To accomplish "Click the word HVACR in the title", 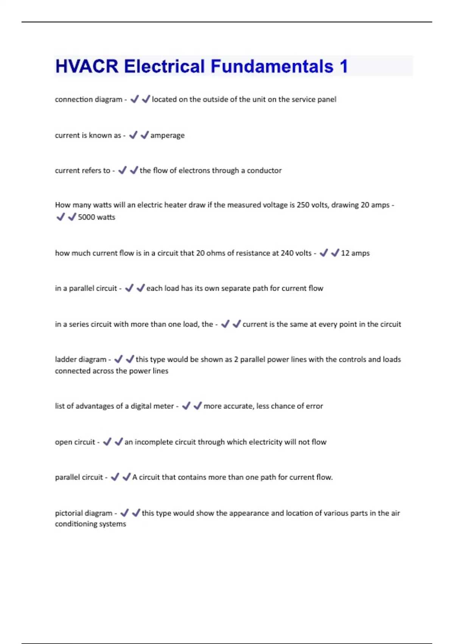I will tap(87, 66).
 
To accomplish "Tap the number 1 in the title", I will tap(344, 66).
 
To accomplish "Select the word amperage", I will tap(168, 135).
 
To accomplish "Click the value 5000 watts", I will tap(96, 217).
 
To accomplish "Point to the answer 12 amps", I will tap(355, 253).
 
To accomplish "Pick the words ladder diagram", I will tap(81, 359).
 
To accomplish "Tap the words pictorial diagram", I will tap(84, 513).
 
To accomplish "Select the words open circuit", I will tap(75, 442).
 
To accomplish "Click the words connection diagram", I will tap(89, 99).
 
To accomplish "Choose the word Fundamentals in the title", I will tap(272, 66).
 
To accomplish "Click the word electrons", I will tap(194, 170).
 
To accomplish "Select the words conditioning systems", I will tap(90, 524).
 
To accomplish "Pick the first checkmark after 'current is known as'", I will tap(133, 135).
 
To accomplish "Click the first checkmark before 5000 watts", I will tap(60, 217).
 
